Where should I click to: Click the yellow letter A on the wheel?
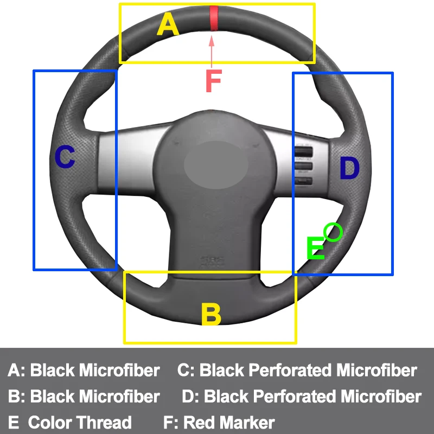[x=168, y=25]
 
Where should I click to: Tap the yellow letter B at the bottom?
[x=210, y=314]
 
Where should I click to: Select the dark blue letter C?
[x=65, y=157]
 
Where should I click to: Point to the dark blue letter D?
[x=349, y=169]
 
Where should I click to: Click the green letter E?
[x=316, y=248]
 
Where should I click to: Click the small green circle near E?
[x=333, y=232]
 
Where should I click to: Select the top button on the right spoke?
[x=304, y=151]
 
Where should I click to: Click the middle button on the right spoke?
[x=304, y=167]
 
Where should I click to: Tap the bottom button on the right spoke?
[x=303, y=181]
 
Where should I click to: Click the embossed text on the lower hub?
[x=212, y=261]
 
